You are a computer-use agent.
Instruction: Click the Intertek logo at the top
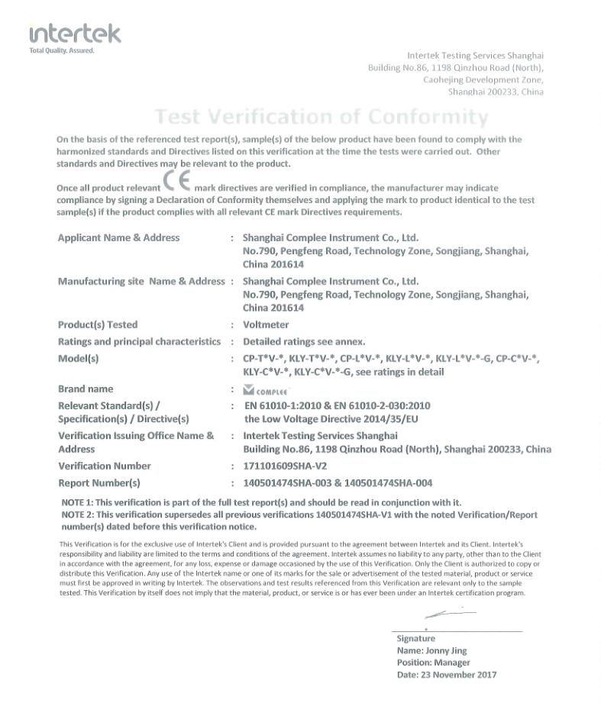[x=74, y=33]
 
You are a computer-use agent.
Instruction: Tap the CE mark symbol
[x=176, y=183]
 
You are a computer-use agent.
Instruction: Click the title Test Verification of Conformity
[x=322, y=117]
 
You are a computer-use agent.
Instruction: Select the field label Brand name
[x=86, y=389]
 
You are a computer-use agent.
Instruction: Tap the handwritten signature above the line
[x=449, y=614]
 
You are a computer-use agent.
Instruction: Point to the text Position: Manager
[x=433, y=663]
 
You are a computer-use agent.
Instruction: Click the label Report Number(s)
[x=99, y=482]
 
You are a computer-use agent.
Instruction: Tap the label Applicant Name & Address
[x=118, y=237]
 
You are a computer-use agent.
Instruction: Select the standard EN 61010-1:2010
[x=284, y=405]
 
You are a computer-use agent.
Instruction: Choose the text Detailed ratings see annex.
[x=304, y=341]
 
